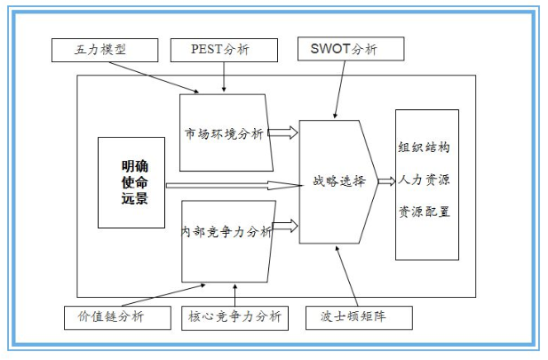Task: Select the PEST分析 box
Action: (221, 49)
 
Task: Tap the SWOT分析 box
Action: (350, 49)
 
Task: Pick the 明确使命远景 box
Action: (131, 182)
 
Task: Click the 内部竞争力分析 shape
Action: (226, 233)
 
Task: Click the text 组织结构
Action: (427, 148)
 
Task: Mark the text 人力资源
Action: (427, 181)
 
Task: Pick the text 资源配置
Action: (427, 213)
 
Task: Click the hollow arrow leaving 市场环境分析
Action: (283, 133)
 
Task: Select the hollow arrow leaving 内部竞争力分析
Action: (285, 228)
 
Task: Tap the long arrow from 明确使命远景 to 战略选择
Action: (231, 186)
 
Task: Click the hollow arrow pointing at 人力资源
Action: (385, 181)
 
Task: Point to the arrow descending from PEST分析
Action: (223, 76)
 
